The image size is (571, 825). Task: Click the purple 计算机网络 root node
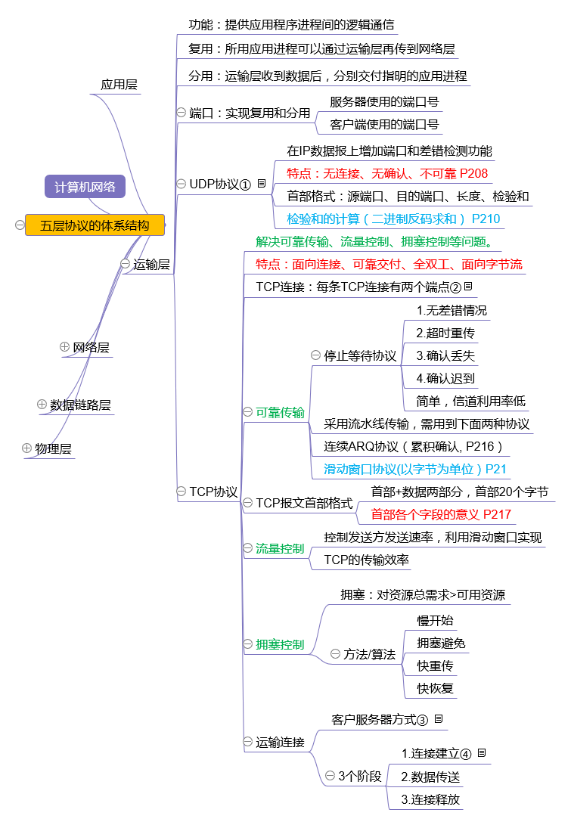point(85,187)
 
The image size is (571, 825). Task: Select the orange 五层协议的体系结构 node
point(95,225)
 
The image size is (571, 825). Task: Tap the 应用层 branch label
point(119,85)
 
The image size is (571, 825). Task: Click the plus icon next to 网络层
point(64,346)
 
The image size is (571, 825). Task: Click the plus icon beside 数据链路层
point(42,404)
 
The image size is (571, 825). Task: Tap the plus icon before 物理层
point(27,448)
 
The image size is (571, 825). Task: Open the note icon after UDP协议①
point(261,183)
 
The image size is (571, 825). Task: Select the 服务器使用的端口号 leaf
point(384,101)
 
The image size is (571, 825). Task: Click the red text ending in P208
point(387,173)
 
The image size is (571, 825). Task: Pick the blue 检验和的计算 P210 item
point(393,219)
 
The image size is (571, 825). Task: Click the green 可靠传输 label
point(280,412)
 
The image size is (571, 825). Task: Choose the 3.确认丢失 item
point(445,355)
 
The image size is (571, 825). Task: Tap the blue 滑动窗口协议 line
point(415,469)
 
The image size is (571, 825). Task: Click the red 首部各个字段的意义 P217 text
point(441,515)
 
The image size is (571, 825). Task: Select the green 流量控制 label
point(280,548)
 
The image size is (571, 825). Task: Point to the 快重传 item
point(436,665)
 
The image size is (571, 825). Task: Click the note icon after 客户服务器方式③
point(439,718)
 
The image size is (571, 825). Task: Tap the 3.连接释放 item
point(430,799)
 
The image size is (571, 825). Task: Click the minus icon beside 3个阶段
point(330,775)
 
